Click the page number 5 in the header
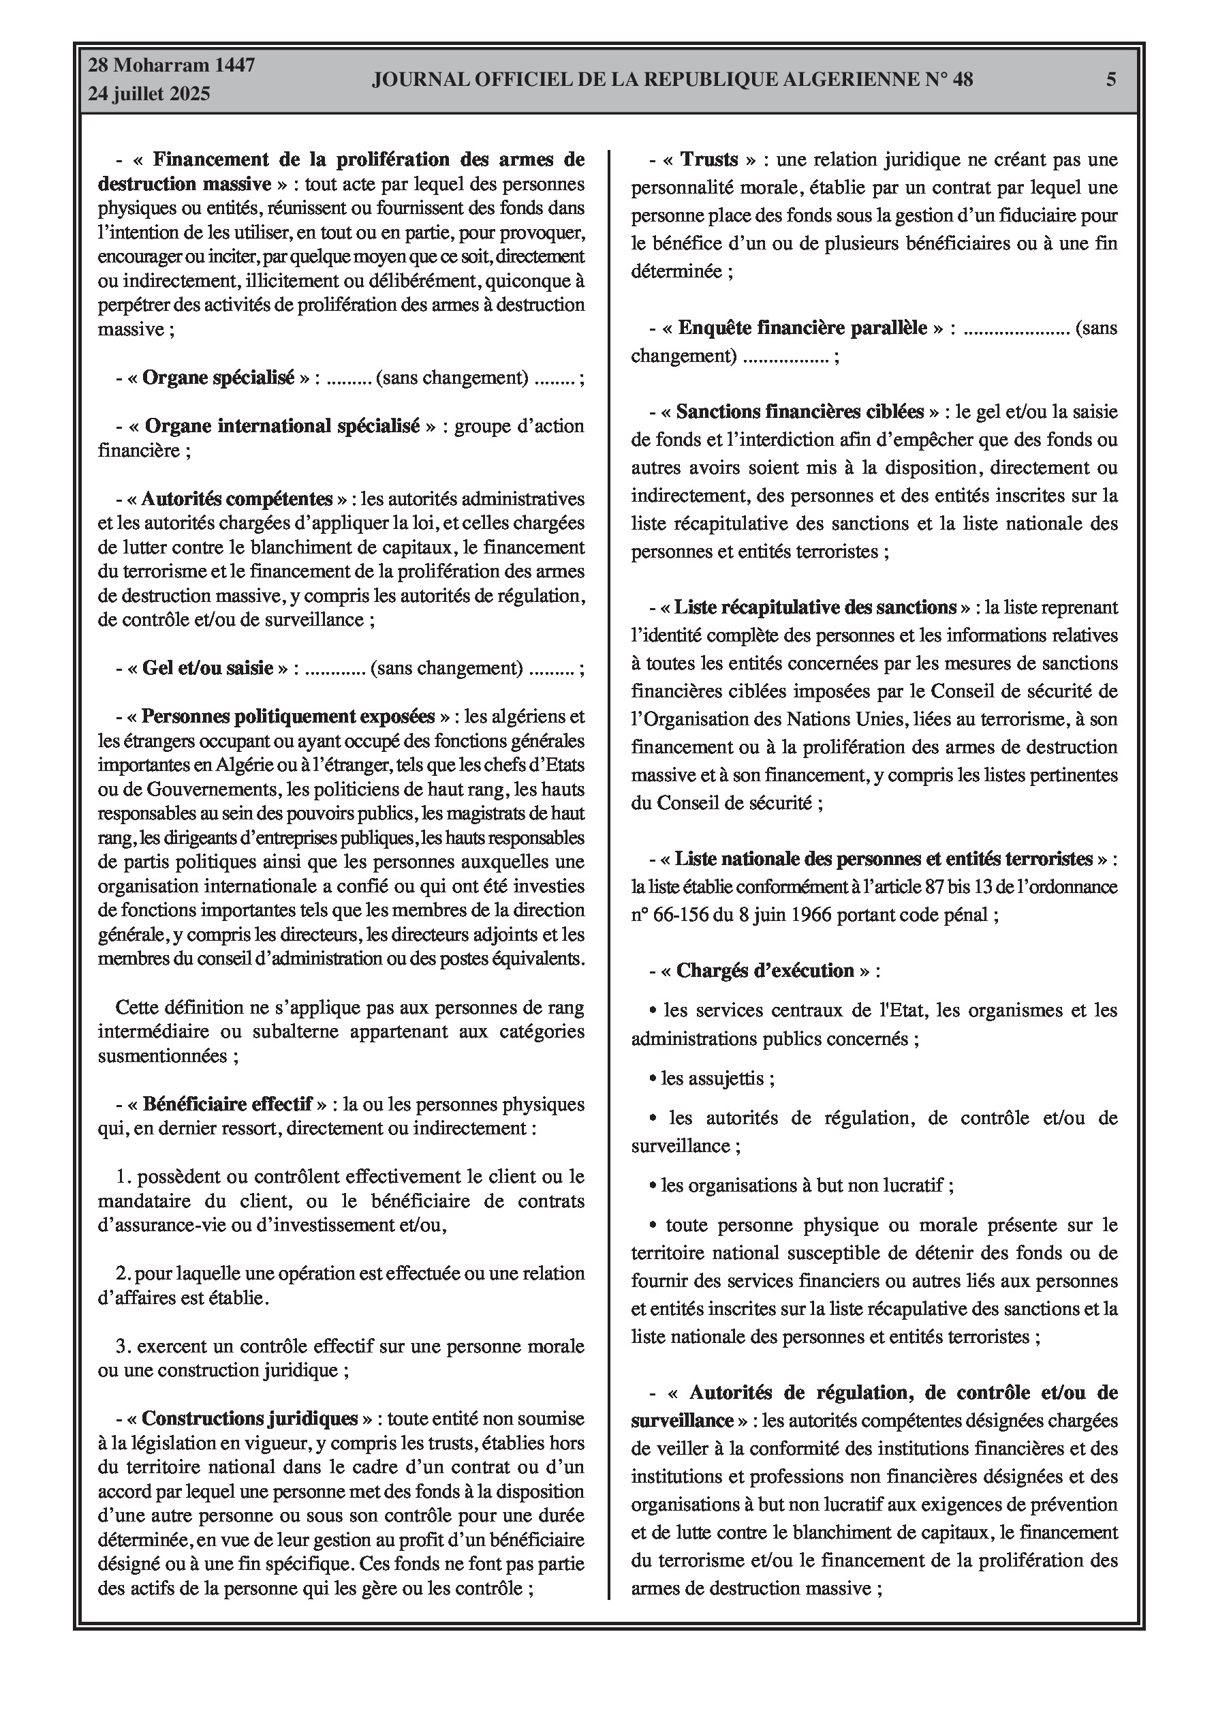(x=1111, y=80)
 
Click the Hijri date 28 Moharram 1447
(x=172, y=65)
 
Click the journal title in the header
(x=672, y=80)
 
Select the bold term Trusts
(x=709, y=160)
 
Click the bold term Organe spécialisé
(x=218, y=377)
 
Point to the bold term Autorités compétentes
(x=237, y=499)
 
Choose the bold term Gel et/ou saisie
(x=208, y=667)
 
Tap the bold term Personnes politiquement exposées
(x=288, y=716)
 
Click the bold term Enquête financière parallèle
(x=802, y=328)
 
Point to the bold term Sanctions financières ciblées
(x=800, y=411)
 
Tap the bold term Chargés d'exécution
(x=765, y=971)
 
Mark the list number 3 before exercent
(x=121, y=1346)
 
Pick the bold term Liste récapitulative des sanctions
(x=815, y=607)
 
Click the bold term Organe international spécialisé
(x=282, y=426)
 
